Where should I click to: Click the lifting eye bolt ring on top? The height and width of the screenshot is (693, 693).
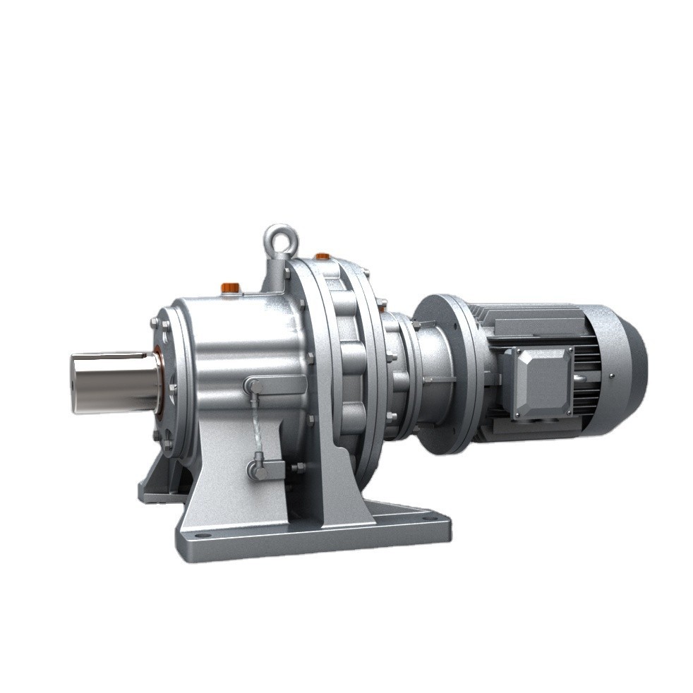click(x=281, y=239)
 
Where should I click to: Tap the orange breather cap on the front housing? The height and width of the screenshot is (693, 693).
click(x=230, y=287)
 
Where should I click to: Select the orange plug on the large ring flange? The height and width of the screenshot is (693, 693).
click(x=322, y=256)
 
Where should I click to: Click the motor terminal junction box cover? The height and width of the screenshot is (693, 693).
click(x=541, y=382)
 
